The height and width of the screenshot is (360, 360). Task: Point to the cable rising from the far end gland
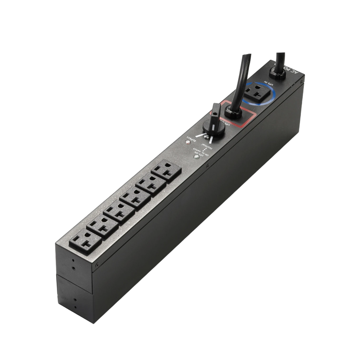(278, 57)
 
